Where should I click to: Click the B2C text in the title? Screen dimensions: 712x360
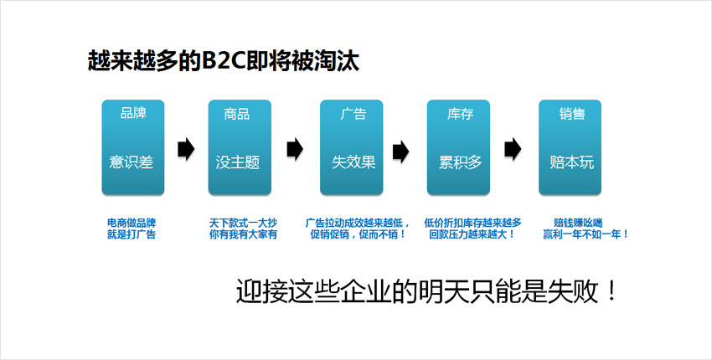223,61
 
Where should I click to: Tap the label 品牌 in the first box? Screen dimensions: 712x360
133,113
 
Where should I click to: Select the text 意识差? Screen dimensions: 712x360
132,162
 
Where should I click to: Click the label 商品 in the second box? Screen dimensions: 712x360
236,114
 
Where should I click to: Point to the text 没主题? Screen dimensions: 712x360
238,162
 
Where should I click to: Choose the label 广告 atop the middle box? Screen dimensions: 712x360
353,114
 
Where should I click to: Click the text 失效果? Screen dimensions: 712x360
353,162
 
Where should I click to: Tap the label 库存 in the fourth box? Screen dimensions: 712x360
460,114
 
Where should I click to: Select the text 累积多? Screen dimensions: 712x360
461,162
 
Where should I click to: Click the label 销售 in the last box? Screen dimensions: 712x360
571,114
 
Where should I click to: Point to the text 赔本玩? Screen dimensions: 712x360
571,162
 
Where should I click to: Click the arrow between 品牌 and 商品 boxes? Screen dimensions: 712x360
186,149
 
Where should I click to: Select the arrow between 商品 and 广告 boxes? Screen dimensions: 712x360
295,149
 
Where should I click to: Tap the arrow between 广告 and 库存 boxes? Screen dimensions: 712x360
401,151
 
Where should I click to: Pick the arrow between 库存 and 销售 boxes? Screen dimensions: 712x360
513,149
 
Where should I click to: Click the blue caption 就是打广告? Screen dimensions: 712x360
132,234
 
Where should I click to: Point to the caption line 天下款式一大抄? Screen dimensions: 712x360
243,224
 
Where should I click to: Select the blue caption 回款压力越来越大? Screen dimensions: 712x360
472,234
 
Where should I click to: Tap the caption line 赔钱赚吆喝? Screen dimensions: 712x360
578,224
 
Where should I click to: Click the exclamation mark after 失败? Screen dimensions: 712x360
611,292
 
